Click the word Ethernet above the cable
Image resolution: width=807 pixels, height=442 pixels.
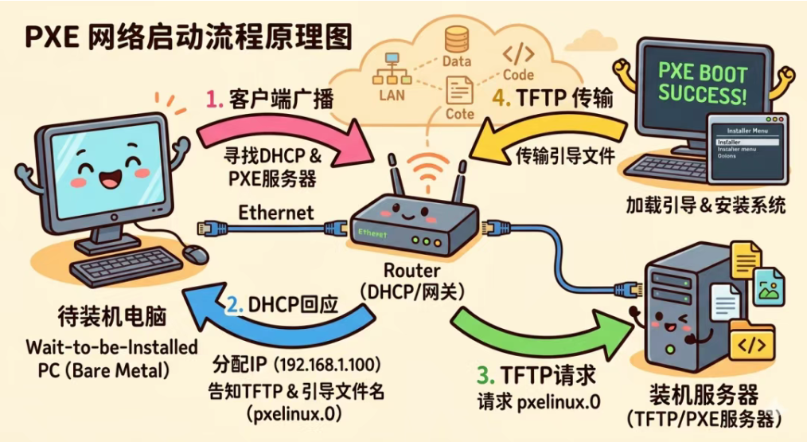pyautogui.click(x=276, y=213)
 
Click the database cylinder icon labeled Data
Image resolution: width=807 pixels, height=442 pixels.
pyautogui.click(x=457, y=40)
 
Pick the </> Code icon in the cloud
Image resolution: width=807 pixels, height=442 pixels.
pyautogui.click(x=517, y=56)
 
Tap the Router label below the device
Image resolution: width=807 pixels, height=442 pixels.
pyautogui.click(x=411, y=272)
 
